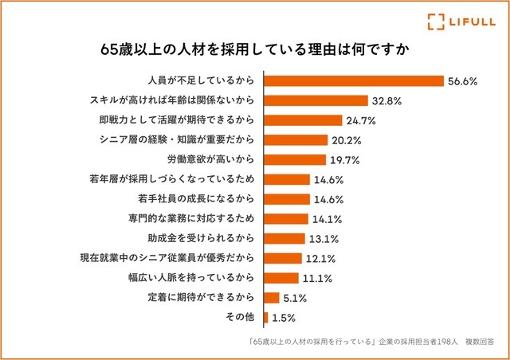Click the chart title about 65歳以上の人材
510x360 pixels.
pyautogui.click(x=255, y=47)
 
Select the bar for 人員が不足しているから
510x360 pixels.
pyautogui.click(x=353, y=81)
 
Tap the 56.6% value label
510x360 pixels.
pyautogui.click(x=462, y=81)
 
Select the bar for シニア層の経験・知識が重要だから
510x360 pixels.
pyautogui.click(x=295, y=140)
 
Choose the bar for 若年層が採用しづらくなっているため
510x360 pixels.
pyautogui.click(x=287, y=179)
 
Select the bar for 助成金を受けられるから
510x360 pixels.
pyautogui.click(x=284, y=238)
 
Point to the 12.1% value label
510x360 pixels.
pyautogui.click(x=319, y=258)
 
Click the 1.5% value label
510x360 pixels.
pyautogui.click(x=284, y=317)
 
